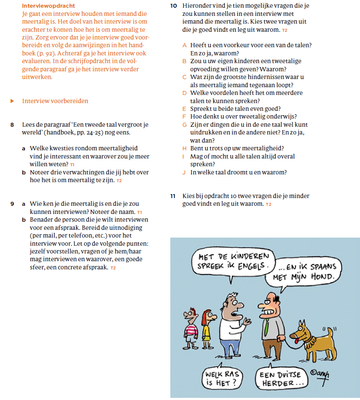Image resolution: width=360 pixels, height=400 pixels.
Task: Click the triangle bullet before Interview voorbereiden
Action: [x=12, y=101]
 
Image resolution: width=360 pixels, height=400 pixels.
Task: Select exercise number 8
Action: [x=12, y=125]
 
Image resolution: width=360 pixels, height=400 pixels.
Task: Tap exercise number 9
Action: [x=12, y=204]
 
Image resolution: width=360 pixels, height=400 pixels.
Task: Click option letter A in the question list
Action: [x=185, y=45]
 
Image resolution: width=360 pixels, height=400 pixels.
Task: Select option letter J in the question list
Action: [x=184, y=172]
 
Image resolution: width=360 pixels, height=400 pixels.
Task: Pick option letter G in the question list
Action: [x=185, y=125]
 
